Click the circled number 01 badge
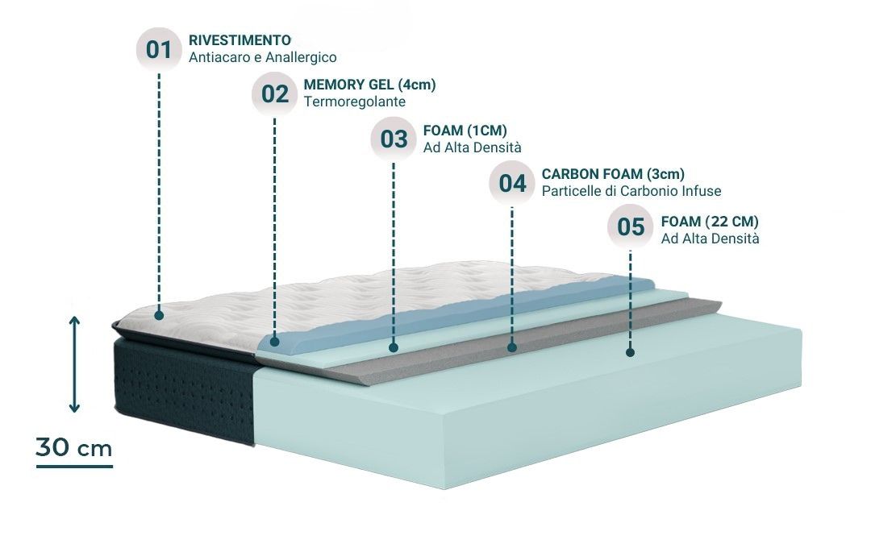pyautogui.click(x=159, y=49)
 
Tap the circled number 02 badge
pyautogui.click(x=275, y=93)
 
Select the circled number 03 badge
pyautogui.click(x=394, y=139)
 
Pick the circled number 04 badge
pyautogui.click(x=512, y=183)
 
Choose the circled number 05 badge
pyautogui.click(x=631, y=227)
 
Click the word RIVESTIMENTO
pyautogui.click(x=240, y=39)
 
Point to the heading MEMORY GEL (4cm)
pyautogui.click(x=370, y=84)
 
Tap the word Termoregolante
pyautogui.click(x=354, y=102)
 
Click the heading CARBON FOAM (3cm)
pyautogui.click(x=613, y=173)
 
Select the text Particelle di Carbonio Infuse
pyautogui.click(x=631, y=192)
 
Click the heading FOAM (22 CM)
pyautogui.click(x=709, y=221)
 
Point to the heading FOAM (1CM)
pyautogui.click(x=465, y=129)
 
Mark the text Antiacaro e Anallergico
pyautogui.click(x=262, y=58)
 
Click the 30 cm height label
pyautogui.click(x=74, y=449)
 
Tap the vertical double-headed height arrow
pyautogui.click(x=74, y=364)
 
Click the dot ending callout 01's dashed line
pyautogui.click(x=159, y=315)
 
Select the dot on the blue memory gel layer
pyautogui.click(x=275, y=342)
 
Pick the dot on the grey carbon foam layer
pyautogui.click(x=512, y=348)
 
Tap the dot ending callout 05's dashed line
pyautogui.click(x=631, y=352)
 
